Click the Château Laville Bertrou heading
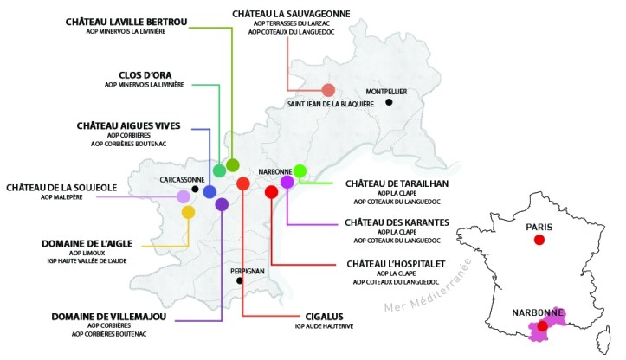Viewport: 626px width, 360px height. (x=126, y=21)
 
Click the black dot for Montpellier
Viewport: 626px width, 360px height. (x=390, y=102)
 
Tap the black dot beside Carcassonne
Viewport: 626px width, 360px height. (x=196, y=189)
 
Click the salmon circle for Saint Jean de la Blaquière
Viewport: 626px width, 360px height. (x=328, y=90)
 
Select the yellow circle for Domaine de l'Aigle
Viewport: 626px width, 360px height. (x=188, y=211)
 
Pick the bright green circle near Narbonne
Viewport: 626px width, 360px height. (x=300, y=170)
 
